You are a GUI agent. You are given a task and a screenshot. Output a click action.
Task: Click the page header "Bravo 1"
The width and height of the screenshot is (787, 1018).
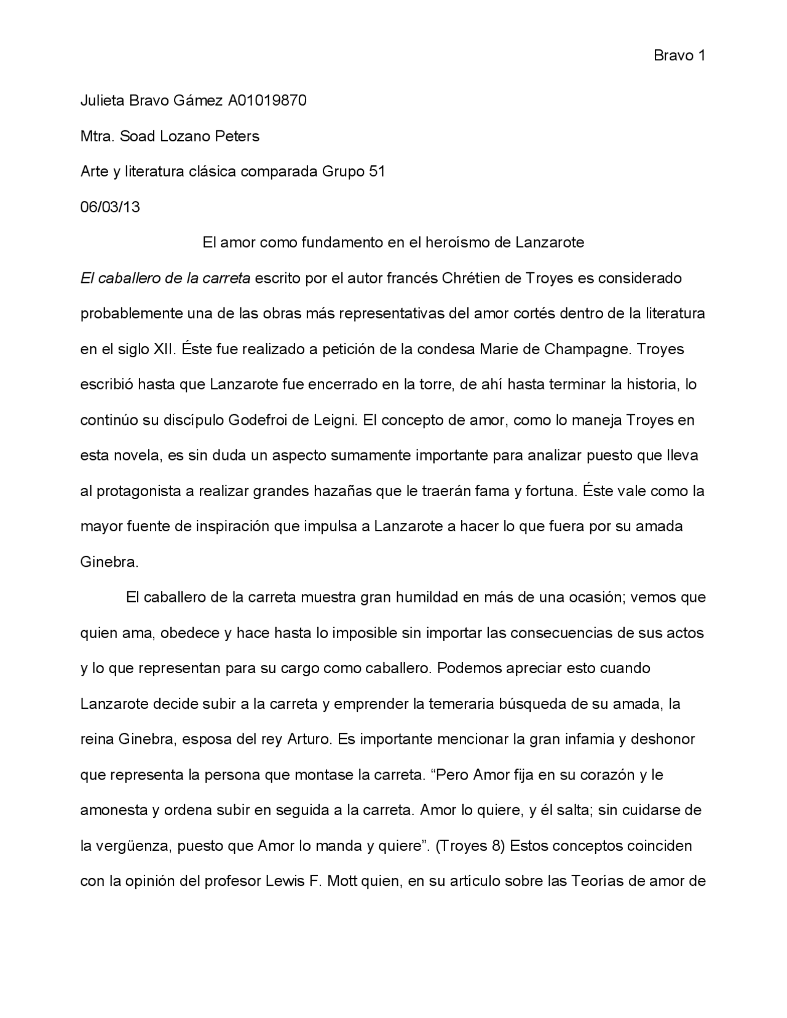(x=679, y=56)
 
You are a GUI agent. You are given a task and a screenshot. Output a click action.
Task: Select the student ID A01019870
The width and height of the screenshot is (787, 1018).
(x=267, y=100)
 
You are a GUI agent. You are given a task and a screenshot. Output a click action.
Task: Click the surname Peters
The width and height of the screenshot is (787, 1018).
(x=237, y=136)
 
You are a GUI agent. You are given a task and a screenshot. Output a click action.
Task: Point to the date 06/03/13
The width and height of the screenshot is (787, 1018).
(x=110, y=207)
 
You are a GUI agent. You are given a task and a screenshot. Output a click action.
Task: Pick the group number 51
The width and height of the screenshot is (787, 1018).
(x=376, y=172)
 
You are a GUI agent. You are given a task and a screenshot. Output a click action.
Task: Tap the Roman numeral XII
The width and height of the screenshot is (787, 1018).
(x=164, y=349)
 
